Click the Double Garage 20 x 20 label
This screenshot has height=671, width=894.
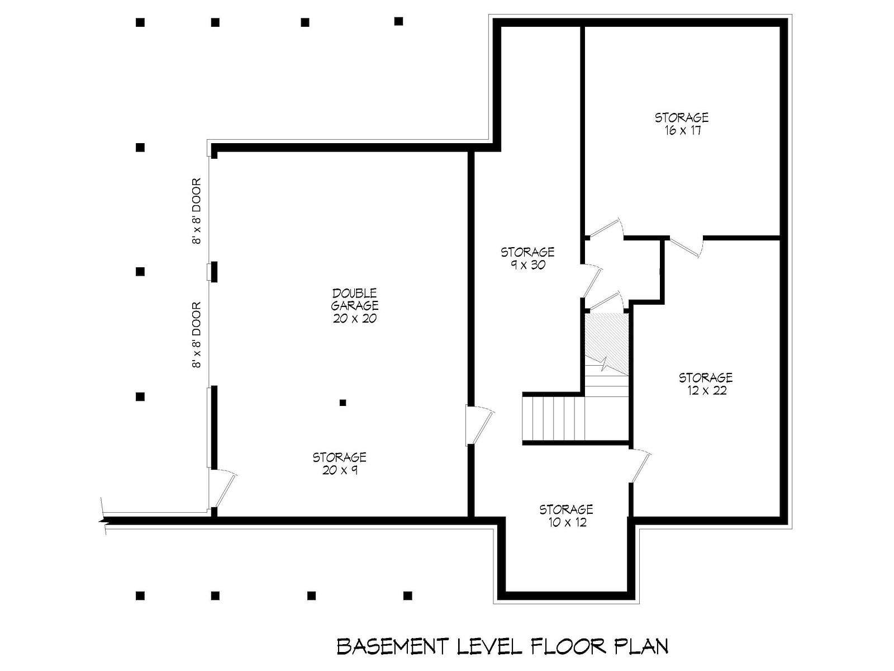[354, 305]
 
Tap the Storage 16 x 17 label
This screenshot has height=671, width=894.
[681, 124]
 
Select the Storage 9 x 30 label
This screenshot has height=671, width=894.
[527, 258]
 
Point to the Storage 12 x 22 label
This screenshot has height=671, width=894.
[706, 384]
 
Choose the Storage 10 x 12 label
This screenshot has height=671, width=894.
[566, 516]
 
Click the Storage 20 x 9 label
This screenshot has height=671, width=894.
[339, 464]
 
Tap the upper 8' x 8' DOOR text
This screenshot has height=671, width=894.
[197, 211]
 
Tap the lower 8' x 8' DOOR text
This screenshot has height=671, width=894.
[197, 335]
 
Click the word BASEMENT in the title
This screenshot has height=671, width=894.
[393, 646]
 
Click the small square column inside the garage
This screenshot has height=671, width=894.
[343, 403]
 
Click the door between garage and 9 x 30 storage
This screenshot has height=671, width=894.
[480, 425]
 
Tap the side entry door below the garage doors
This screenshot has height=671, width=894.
[222, 489]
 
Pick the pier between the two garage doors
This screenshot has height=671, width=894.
[213, 272]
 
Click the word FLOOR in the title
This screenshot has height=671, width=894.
[569, 646]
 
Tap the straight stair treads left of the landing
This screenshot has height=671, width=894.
[554, 419]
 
